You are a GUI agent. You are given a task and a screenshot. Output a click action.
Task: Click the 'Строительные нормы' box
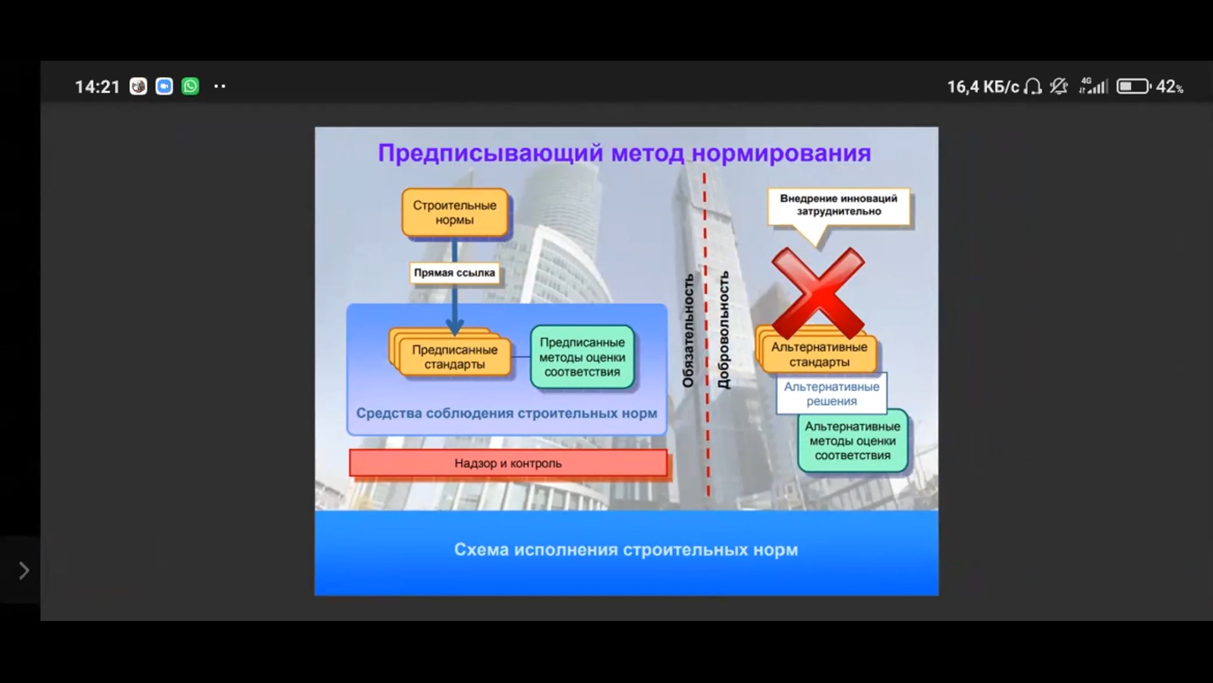[x=455, y=212]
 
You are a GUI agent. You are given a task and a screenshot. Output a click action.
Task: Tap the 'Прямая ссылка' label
[x=454, y=273]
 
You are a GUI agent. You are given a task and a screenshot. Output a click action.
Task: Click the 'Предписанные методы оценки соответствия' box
[x=582, y=357]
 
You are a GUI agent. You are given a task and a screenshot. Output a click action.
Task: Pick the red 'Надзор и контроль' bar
[x=508, y=463]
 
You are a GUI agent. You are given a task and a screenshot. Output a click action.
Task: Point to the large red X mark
[x=818, y=293]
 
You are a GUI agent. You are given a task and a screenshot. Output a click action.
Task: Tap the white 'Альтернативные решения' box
[x=831, y=393]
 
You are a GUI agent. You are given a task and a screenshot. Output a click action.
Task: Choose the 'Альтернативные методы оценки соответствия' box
[x=852, y=441]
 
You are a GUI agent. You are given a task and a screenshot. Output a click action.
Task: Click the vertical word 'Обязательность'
[x=688, y=331]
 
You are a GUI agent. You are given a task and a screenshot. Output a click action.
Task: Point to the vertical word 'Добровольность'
[x=723, y=330]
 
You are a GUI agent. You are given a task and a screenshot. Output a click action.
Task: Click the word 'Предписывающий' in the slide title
[x=491, y=154]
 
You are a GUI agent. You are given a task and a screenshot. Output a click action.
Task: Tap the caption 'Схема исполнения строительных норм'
[x=626, y=550]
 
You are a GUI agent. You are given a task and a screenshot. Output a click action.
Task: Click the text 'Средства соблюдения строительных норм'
[x=507, y=413]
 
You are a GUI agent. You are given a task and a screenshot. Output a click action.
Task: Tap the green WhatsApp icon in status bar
[x=190, y=86]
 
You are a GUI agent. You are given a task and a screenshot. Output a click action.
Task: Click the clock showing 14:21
[x=97, y=87]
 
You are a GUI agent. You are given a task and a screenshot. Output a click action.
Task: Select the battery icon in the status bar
[x=1134, y=86]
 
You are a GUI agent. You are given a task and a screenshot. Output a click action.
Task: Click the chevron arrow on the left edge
[x=23, y=570]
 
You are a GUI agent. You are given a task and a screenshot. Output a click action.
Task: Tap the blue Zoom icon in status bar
[x=164, y=86]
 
